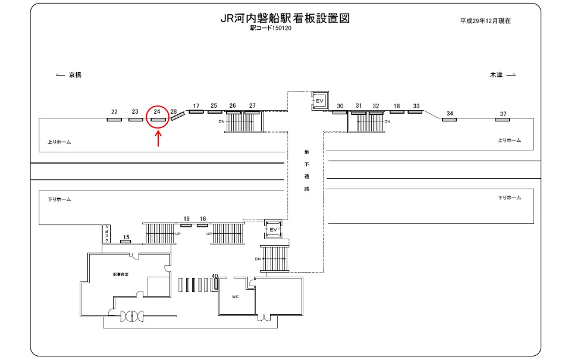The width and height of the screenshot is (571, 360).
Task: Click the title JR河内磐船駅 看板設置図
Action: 284,18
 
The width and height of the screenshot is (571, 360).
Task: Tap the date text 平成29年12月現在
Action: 485,20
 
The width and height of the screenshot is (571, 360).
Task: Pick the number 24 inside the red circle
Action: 157,111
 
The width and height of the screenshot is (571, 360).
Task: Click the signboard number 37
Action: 503,114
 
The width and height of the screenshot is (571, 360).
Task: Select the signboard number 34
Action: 450,114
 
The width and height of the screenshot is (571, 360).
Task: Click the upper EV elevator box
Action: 319,101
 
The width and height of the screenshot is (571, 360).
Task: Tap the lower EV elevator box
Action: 273,228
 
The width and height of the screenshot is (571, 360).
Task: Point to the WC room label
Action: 235,296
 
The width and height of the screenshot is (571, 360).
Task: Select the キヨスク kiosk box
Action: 107,234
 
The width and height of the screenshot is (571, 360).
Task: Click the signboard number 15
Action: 126,237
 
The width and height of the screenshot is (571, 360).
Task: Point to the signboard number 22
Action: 114,112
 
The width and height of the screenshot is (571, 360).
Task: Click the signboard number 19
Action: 186,219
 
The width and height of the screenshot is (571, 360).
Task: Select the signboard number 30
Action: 340,106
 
